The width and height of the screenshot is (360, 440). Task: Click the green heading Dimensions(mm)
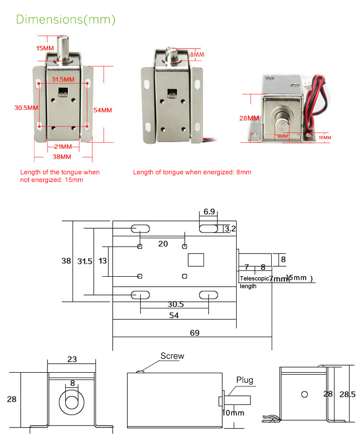66,20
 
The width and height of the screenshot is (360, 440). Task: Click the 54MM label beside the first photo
102,110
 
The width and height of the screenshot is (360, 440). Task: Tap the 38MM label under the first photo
61,157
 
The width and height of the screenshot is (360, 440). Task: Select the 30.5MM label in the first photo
26,108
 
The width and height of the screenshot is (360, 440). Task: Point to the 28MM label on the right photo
249,118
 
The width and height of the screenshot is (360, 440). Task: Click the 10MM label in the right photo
324,138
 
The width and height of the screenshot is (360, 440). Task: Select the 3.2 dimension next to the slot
230,229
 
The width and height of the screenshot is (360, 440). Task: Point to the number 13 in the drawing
102,261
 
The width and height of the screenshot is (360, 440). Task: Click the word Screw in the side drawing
172,356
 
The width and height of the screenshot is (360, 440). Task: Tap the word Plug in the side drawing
244,380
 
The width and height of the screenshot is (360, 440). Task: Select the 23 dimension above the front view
72,359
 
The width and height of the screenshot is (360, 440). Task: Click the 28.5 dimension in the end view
347,394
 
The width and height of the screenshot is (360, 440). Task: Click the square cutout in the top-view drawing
196,260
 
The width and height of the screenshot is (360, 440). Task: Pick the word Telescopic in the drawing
254,279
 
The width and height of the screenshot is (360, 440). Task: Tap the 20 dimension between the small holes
163,244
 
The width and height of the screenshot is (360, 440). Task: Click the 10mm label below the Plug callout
233,413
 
